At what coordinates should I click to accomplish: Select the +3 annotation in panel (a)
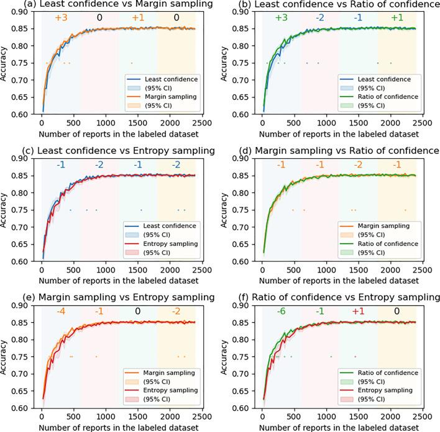[61, 18]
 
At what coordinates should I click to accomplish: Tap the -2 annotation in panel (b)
[319, 18]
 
